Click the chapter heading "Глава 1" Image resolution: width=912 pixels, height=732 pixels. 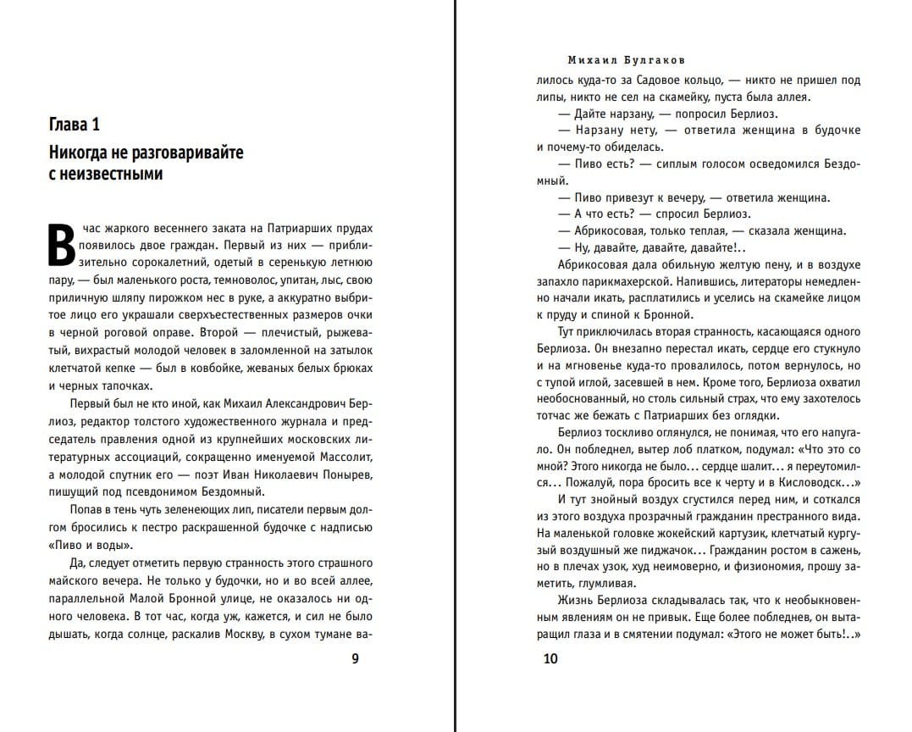[x=75, y=125]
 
